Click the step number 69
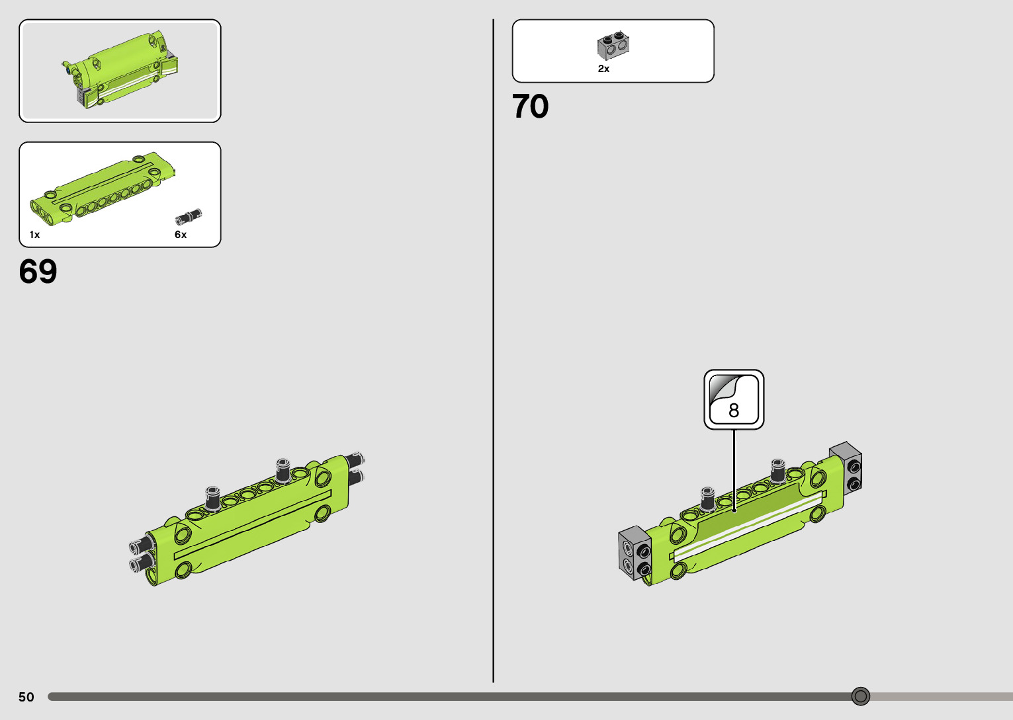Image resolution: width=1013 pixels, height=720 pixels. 38,272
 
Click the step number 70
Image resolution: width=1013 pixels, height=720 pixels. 530,106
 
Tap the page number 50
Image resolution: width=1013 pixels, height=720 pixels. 26,697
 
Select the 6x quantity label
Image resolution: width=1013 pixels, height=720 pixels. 181,235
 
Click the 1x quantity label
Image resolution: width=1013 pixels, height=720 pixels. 34,235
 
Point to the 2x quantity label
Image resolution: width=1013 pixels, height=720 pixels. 603,69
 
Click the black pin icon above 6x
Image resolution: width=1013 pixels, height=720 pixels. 188,216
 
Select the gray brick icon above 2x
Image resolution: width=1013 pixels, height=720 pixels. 613,45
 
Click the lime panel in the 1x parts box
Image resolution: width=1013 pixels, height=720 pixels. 103,188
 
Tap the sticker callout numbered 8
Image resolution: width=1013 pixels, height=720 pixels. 734,399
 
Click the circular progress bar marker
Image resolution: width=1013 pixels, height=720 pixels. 860,696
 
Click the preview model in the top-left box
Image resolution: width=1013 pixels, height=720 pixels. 122,69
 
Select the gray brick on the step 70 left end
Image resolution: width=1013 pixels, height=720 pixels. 634,553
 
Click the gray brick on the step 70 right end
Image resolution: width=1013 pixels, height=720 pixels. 846,467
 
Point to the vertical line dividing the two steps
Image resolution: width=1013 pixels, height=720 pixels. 493,350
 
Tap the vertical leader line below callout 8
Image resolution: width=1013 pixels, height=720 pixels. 734,469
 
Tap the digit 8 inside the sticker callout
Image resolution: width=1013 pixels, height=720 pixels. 734,411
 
